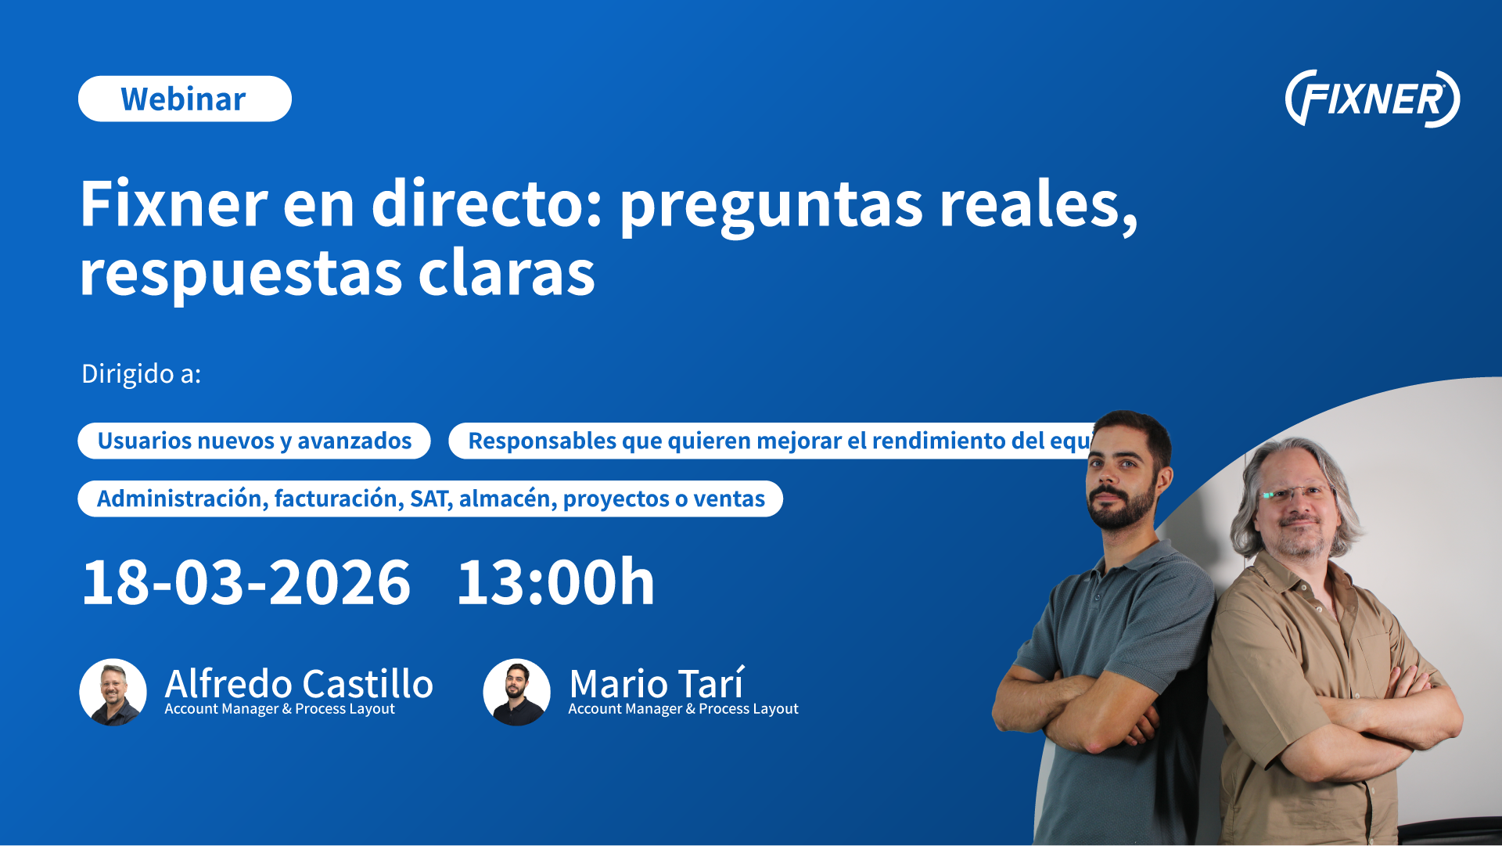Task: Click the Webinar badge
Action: coord(185,99)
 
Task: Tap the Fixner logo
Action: coord(1372,99)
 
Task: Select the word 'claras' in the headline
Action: coord(506,274)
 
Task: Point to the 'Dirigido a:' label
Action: coord(142,374)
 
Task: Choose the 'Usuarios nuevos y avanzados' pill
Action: coord(254,441)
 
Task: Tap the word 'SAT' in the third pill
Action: coord(429,499)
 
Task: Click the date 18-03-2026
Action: coord(246,583)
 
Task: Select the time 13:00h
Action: coord(555,583)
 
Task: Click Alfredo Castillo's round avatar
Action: coord(113,692)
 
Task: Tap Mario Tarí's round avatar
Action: coord(517,692)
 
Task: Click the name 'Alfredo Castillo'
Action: coord(299,683)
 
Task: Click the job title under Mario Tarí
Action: coord(683,709)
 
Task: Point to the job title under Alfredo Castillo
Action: coord(279,709)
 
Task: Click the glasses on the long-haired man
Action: coord(1295,494)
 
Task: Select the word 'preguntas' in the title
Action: coord(771,205)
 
